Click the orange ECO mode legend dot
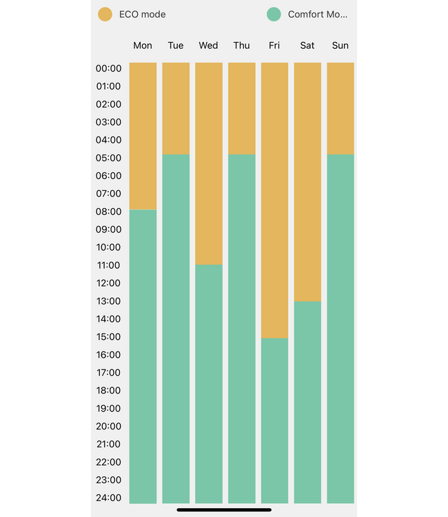(105, 14)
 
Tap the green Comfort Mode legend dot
(274, 14)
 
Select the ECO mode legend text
(142, 14)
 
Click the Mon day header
(143, 45)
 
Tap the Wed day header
(208, 45)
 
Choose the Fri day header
(274, 45)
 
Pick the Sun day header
(340, 45)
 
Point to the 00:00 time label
(108, 68)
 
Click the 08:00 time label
(108, 212)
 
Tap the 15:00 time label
(108, 336)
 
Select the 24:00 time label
(108, 498)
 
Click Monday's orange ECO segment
(143, 136)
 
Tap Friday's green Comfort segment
(274, 420)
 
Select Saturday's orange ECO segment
(307, 182)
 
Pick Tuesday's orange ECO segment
(176, 108)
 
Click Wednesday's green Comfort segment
(209, 384)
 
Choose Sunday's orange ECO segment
(340, 108)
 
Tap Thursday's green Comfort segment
(242, 329)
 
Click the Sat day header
(307, 45)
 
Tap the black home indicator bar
(224, 510)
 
